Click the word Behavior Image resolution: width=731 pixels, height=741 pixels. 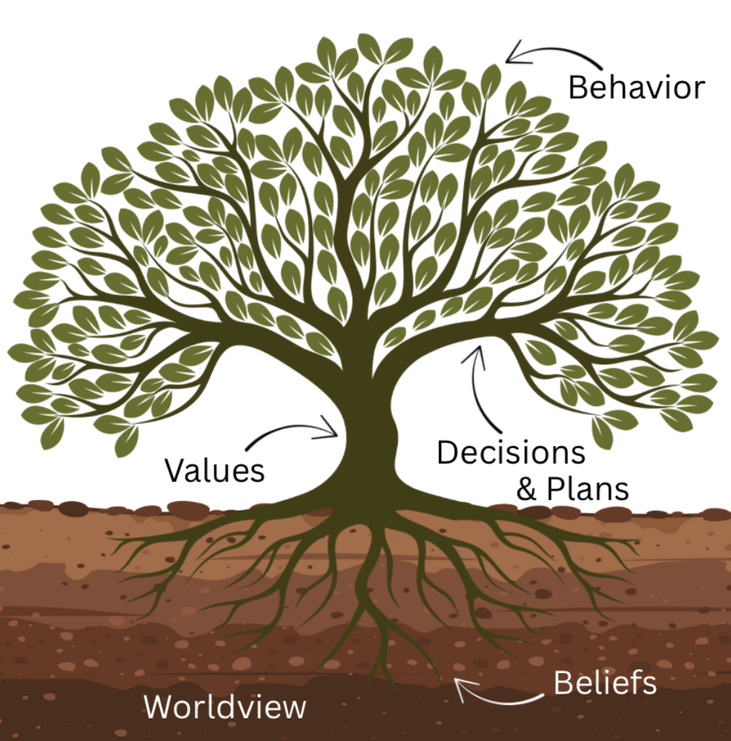point(636,88)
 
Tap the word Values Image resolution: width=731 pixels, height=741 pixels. point(214,470)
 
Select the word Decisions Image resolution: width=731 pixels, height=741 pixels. point(511,453)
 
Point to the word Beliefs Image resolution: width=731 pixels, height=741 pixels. point(605,684)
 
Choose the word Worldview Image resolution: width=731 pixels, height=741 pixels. point(225,707)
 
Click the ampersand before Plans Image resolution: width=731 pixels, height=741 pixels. point(527,489)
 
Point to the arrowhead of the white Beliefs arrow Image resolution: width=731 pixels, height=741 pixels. point(459,684)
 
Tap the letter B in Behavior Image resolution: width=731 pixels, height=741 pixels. point(578,88)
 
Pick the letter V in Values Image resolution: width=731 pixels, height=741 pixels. point(174,470)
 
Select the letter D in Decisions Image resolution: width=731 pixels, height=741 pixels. point(446,453)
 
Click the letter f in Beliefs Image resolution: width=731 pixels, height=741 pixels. point(629,683)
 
